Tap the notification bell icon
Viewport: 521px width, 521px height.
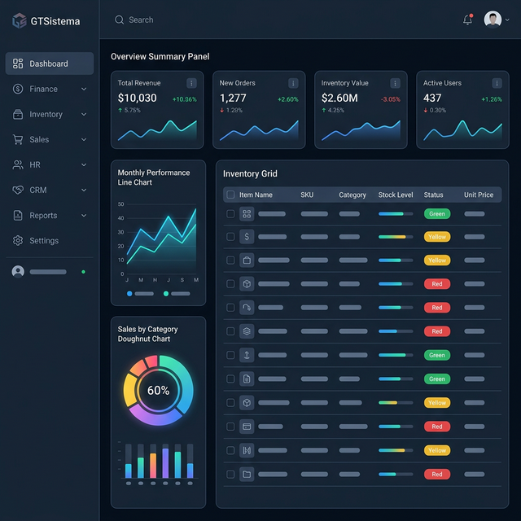coord(467,20)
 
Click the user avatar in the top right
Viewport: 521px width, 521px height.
coord(493,20)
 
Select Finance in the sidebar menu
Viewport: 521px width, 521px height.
coord(44,89)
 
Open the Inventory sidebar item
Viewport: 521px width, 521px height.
coord(46,114)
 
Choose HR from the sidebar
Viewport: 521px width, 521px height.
coord(35,164)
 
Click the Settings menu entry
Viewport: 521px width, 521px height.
coord(44,240)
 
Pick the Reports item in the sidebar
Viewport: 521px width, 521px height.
coord(43,215)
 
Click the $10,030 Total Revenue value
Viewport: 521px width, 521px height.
coord(137,98)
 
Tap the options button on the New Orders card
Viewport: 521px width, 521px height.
coord(293,83)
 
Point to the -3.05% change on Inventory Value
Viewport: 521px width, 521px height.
coord(390,99)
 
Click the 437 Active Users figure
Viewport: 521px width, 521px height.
coord(432,98)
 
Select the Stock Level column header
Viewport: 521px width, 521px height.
coord(396,195)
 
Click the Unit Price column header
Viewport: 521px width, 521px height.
coord(479,195)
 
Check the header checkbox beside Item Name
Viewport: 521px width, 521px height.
coord(230,195)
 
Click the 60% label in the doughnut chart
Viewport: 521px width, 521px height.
coord(158,390)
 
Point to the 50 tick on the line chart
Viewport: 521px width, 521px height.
coord(121,204)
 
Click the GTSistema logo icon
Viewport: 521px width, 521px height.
coord(20,21)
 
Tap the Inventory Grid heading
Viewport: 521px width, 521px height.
coord(250,173)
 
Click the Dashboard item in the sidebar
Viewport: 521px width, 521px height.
coord(49,63)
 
